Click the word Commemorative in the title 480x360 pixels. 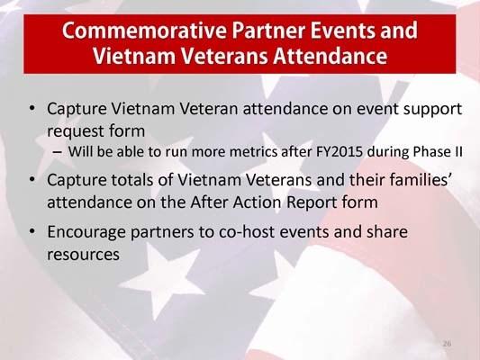[x=140, y=32]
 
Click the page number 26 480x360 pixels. [x=447, y=345]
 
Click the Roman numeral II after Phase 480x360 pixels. [x=457, y=150]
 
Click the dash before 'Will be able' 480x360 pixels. [x=58, y=150]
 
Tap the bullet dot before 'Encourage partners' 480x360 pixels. [x=32, y=232]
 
